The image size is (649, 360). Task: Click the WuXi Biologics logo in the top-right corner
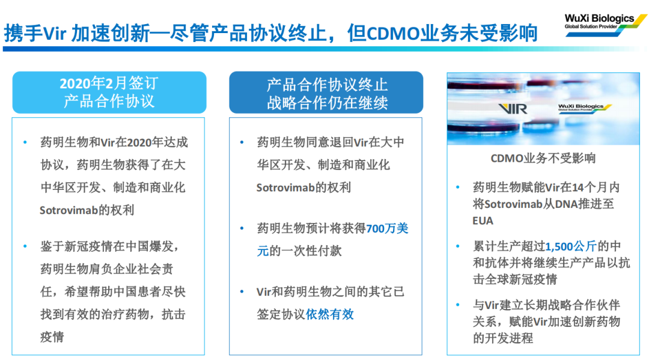[x=606, y=25]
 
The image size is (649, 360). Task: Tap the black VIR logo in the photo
[x=513, y=109]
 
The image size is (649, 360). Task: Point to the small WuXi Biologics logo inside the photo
[x=585, y=108]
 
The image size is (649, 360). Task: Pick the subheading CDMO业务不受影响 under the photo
[x=543, y=158]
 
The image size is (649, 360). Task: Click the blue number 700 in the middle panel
[x=376, y=228]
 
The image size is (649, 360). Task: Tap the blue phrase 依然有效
[x=330, y=314]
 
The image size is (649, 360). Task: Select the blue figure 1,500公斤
[x=571, y=246]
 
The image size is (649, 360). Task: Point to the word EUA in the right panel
[x=483, y=221]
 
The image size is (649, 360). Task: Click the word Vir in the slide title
[x=55, y=33]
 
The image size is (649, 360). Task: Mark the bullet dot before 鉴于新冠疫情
[x=25, y=246]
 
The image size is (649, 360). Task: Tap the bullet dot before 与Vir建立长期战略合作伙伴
[x=458, y=305]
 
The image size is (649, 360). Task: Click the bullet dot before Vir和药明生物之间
[x=242, y=291]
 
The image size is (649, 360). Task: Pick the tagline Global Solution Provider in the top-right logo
[x=591, y=26]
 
